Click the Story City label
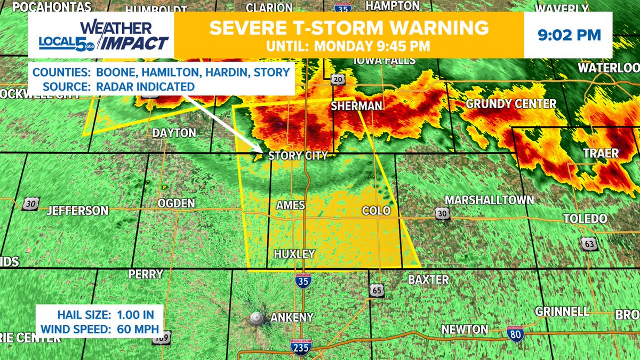coord(297,156)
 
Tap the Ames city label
coord(290,205)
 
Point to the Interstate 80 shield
coord(515,334)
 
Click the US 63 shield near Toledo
coord(588,244)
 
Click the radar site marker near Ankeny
coord(257,319)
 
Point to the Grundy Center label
coord(510,103)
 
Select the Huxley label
coord(294,254)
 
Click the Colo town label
coord(376,211)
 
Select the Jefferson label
coord(77,211)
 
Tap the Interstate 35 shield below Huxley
coord(302,281)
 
